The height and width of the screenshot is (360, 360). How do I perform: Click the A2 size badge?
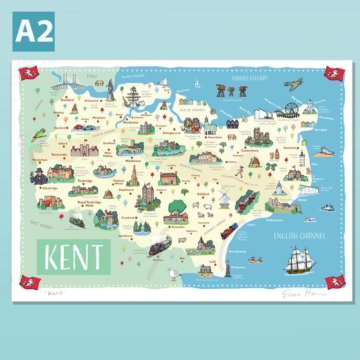pyautogui.click(x=33, y=31)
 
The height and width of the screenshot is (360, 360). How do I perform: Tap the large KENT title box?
pyautogui.click(x=74, y=256)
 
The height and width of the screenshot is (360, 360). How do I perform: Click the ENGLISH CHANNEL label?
pyautogui.click(x=299, y=236)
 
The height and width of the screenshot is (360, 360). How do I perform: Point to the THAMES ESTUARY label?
pyautogui.click(x=249, y=78)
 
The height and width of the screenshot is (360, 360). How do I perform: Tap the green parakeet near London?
pyautogui.click(x=38, y=135)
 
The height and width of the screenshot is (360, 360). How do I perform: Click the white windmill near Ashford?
pyautogui.click(x=224, y=199)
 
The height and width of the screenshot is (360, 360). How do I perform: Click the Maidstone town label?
pyautogui.click(x=133, y=161)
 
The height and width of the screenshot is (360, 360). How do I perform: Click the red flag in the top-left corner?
pyautogui.click(x=29, y=73)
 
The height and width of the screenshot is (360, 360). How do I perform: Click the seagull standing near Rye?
pyautogui.click(x=174, y=274)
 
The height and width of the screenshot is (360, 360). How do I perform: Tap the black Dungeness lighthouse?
pyautogui.click(x=228, y=270)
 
